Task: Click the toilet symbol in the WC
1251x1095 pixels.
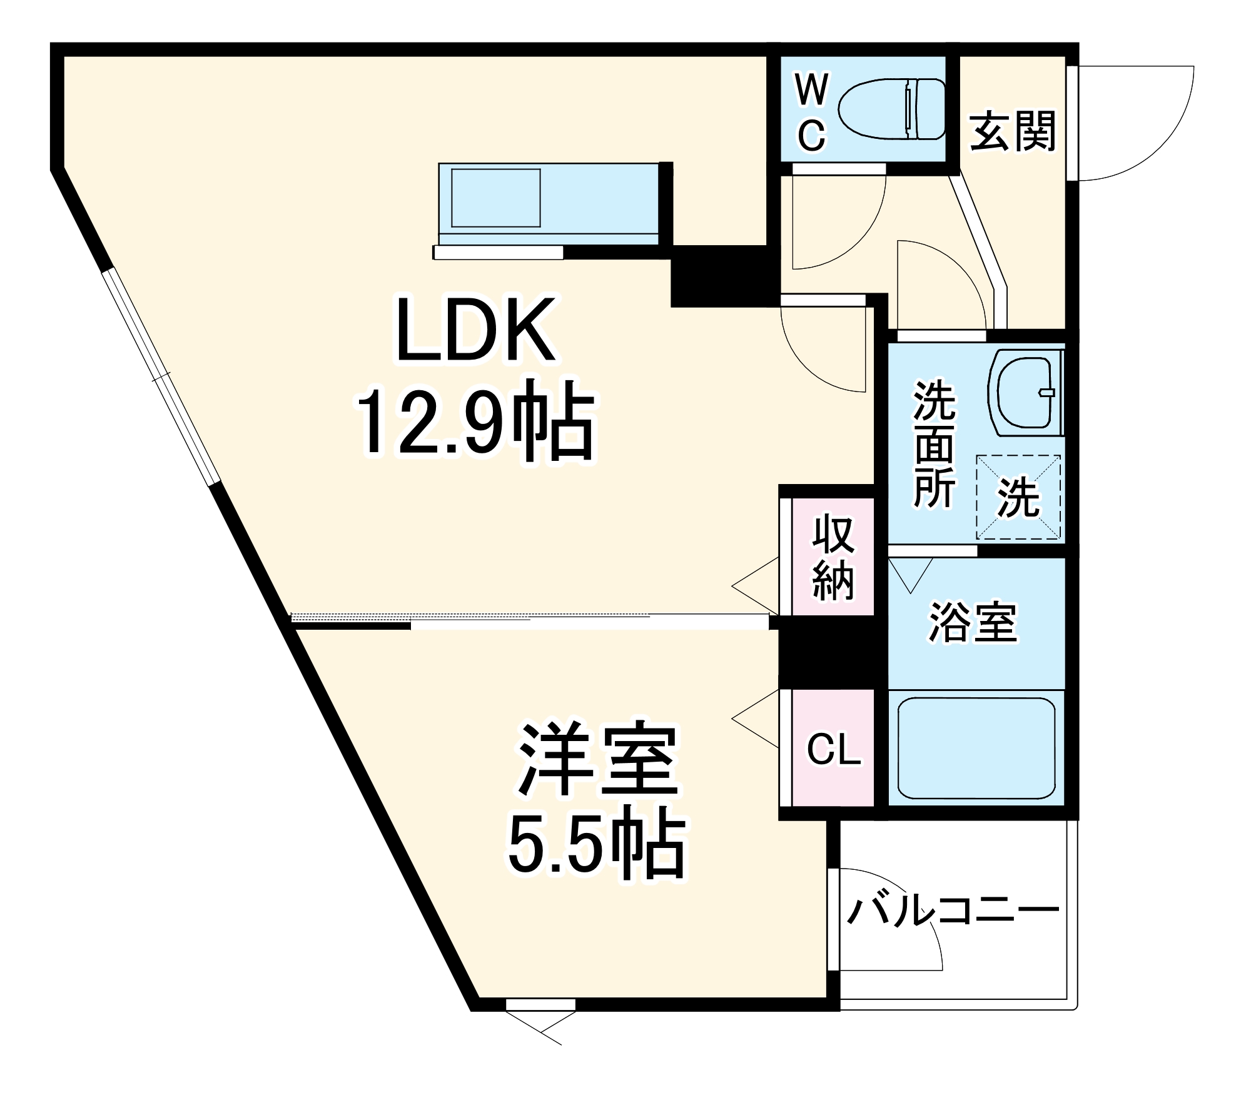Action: pos(891,109)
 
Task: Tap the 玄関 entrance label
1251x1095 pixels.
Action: pos(1012,131)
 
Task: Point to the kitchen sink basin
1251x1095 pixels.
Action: pos(496,198)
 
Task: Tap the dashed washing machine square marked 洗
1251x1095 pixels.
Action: pos(1018,497)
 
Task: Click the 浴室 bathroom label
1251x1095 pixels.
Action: pos(973,622)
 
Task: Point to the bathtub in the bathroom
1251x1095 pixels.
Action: pos(976,747)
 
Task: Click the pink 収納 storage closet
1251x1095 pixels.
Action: pos(833,557)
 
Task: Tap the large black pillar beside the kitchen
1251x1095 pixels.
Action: pos(719,275)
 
